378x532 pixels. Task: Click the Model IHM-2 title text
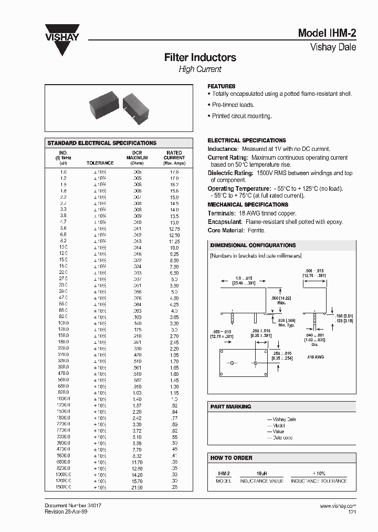327,33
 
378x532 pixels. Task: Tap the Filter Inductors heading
200,57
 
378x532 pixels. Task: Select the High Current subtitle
200,69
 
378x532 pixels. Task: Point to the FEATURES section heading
222,86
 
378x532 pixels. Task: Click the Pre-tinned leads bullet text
233,105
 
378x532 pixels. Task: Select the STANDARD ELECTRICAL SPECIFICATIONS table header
102,143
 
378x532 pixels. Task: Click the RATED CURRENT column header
174,155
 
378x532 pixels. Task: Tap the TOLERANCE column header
100,163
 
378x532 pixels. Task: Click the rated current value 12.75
174,229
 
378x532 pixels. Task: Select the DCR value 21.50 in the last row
136,488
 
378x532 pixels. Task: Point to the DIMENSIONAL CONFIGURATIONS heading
253,245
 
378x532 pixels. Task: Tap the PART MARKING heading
230,407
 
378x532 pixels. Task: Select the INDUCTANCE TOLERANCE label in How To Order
319,481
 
